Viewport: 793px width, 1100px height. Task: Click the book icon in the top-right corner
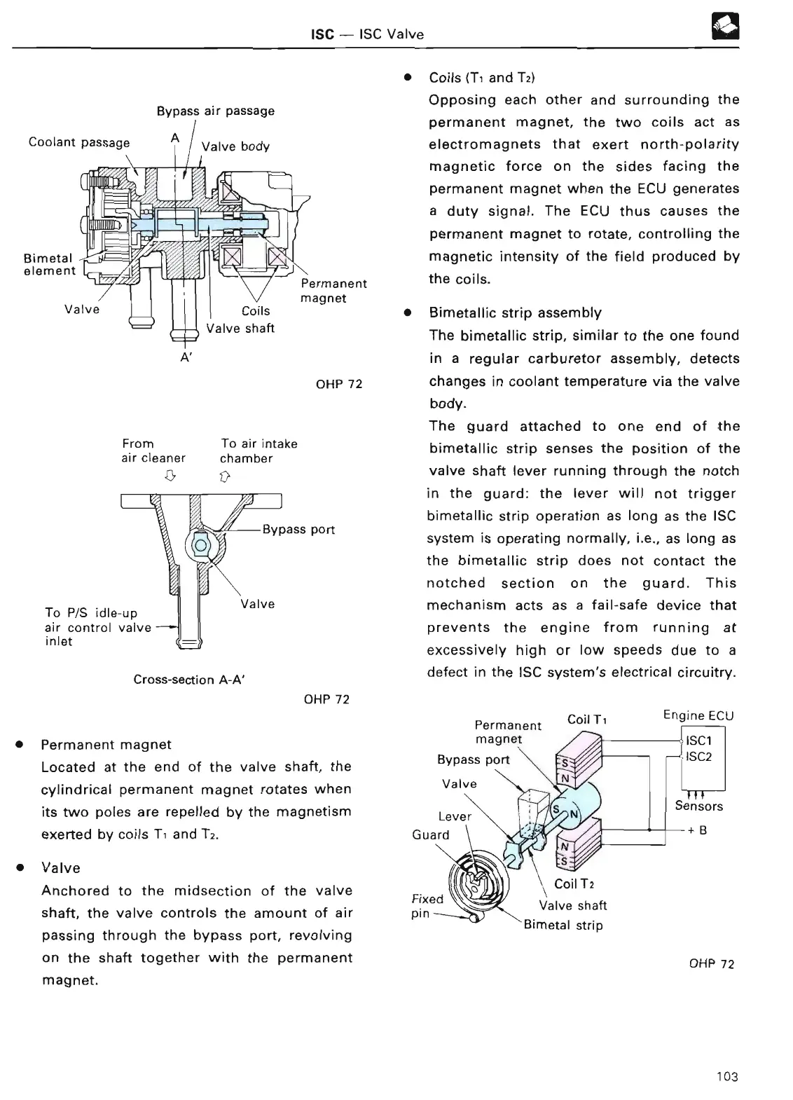point(728,29)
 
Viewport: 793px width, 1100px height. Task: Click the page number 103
point(727,1076)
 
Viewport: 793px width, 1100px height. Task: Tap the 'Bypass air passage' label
point(215,111)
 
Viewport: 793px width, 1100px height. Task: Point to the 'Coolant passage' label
point(79,142)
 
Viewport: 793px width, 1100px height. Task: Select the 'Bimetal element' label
point(49,264)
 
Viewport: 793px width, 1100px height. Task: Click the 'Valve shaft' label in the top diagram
point(240,328)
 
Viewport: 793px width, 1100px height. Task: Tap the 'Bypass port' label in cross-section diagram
point(298,530)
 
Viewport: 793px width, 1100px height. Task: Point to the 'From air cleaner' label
point(153,451)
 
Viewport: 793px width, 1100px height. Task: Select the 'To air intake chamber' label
point(258,451)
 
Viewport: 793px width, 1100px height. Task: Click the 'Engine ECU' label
point(698,715)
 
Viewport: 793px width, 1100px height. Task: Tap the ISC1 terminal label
point(699,741)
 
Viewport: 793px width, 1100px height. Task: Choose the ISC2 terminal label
point(698,757)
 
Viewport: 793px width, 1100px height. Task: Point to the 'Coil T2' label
point(574,884)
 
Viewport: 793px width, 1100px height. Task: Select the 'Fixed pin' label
point(427,906)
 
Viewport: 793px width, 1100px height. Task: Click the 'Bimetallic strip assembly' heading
point(515,312)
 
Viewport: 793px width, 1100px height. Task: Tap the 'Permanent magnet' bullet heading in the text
point(106,744)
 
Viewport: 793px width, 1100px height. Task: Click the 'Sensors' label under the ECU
point(698,806)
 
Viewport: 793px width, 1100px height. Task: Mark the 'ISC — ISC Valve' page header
point(367,34)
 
